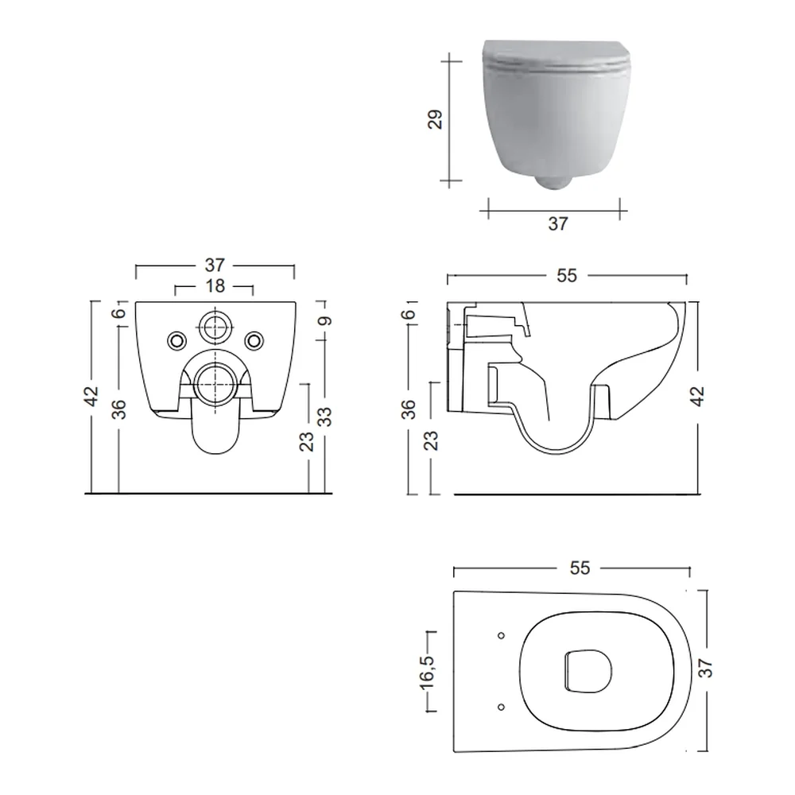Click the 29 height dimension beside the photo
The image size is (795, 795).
click(436, 120)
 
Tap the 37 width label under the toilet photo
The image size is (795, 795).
click(558, 223)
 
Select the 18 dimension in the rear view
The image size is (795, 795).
click(215, 286)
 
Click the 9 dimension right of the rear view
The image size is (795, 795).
click(325, 321)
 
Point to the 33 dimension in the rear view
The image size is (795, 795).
click(325, 417)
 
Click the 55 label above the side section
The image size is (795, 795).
click(567, 275)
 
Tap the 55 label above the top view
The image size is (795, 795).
click(580, 568)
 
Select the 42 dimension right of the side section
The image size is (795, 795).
click(698, 396)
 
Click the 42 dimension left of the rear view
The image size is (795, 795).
click(91, 396)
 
